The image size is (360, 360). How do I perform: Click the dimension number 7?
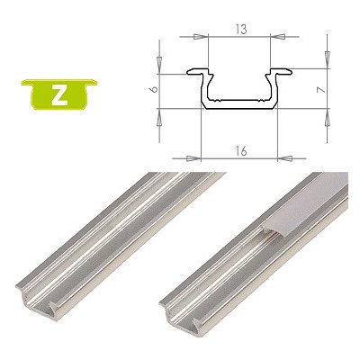[x=330, y=90]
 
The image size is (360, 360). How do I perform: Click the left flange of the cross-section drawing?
[x=194, y=71]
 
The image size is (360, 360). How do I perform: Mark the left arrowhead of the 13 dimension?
[x=204, y=37]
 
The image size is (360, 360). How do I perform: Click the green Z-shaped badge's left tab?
[x=24, y=85]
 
